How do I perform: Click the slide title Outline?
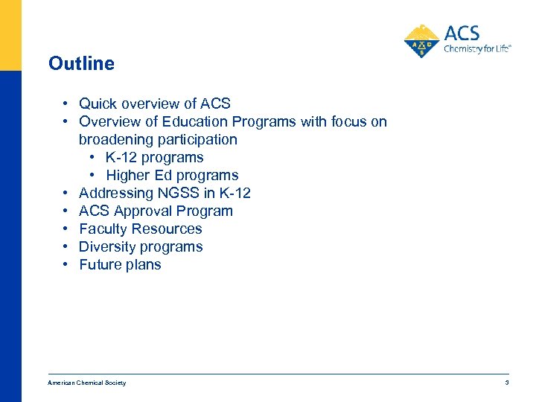[x=81, y=63]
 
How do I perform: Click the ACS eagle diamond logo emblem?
[x=422, y=41]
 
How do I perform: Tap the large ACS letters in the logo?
[x=462, y=33]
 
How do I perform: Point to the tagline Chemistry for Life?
[x=477, y=50]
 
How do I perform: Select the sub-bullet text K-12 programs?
[x=154, y=157]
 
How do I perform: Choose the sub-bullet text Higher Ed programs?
[x=172, y=175]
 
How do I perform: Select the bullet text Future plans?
[x=120, y=264]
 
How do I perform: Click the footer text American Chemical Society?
[x=87, y=383]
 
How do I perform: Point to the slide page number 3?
[x=506, y=383]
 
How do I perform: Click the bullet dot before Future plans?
[x=66, y=264]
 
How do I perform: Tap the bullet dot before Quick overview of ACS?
[x=66, y=103]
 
